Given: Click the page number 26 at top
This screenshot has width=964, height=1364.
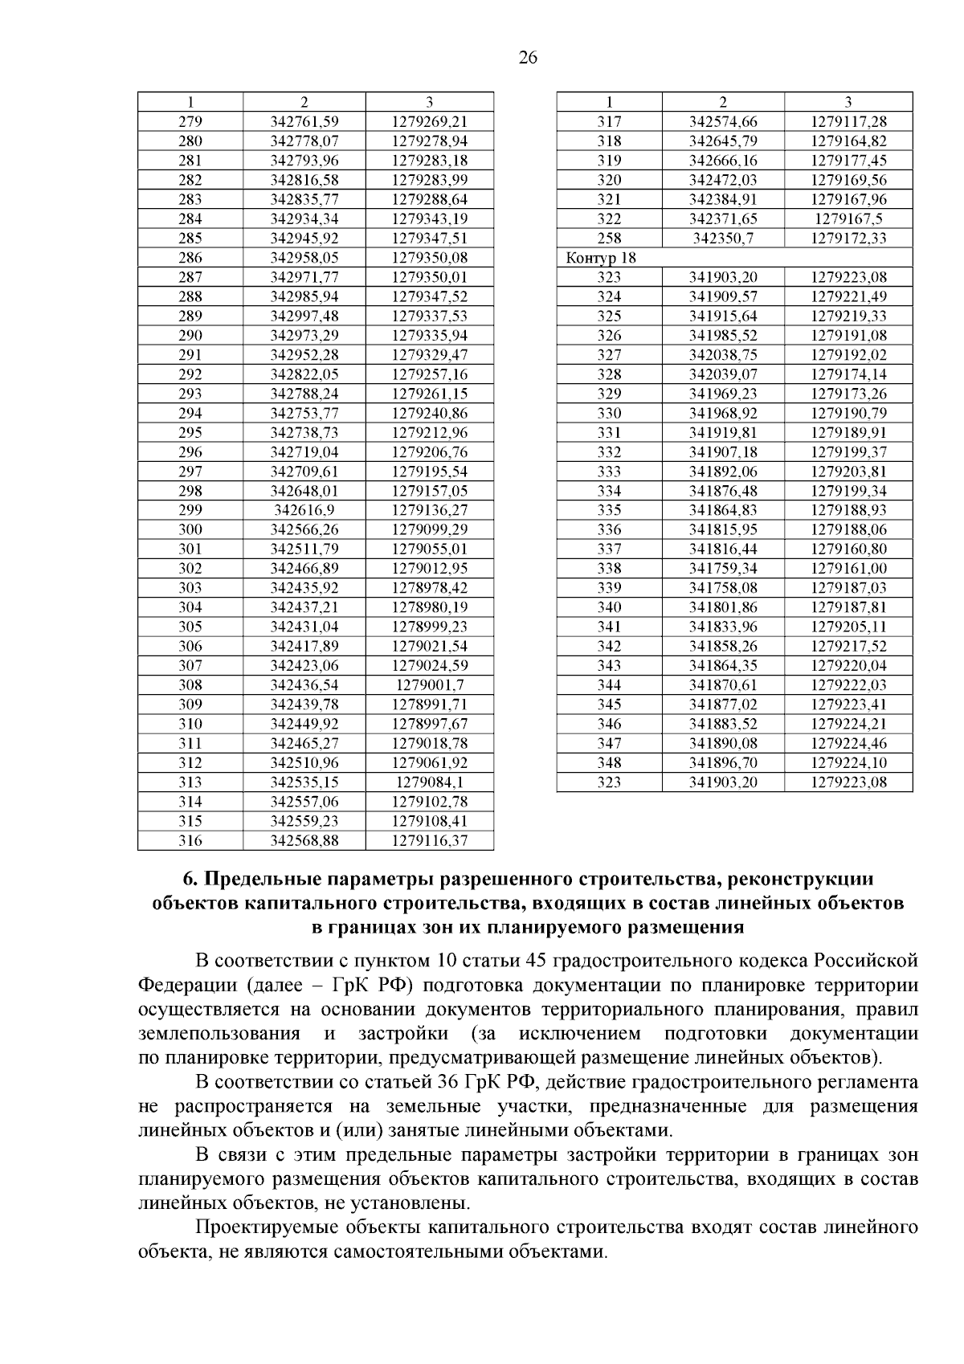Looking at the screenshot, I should pos(528,57).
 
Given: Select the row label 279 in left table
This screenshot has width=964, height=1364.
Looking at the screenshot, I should pos(190,122).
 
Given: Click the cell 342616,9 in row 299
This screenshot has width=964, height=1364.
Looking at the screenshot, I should pos(304,510).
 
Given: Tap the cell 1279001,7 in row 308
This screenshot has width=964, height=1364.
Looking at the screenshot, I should pos(430,685).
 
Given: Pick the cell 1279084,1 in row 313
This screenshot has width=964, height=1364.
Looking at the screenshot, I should pos(430,782).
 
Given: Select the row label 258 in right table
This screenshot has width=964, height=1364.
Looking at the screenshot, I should pos(609,239).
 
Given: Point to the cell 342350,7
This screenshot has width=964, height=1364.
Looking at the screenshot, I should pos(723,239).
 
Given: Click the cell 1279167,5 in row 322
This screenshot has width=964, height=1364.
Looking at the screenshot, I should pos(849,218).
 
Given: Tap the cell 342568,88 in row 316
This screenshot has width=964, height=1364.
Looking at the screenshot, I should pos(304,840).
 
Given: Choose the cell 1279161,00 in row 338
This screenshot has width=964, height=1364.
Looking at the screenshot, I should pos(849,569).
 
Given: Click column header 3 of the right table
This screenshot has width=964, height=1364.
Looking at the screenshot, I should pos(849,102).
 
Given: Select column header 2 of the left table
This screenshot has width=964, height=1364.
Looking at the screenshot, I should pos(304,102).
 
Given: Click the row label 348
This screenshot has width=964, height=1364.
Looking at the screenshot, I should pos(609,763).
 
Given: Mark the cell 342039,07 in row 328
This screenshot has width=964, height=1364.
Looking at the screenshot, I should pos(723,374).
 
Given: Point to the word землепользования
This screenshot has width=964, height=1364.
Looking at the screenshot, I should pos(219,1033).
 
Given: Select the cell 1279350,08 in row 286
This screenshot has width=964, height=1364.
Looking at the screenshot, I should pos(430,258).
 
